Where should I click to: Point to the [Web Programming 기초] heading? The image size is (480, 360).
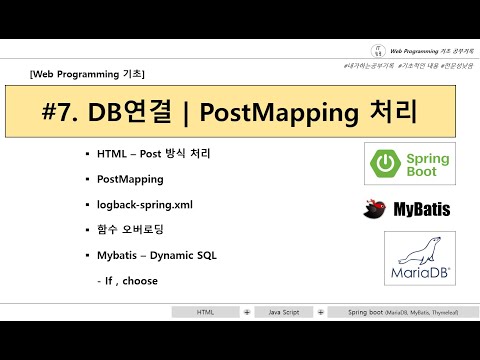click(x=88, y=73)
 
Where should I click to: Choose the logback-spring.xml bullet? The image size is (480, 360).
click(x=143, y=205)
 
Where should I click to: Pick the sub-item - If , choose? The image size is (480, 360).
click(x=128, y=280)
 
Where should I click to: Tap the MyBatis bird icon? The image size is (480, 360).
click(x=375, y=210)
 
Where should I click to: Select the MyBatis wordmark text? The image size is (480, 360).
click(x=421, y=211)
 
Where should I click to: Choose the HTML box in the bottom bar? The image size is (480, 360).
click(x=205, y=312)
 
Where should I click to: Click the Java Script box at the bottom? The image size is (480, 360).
click(x=285, y=312)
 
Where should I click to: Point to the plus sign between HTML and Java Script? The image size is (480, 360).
click(x=245, y=312)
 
